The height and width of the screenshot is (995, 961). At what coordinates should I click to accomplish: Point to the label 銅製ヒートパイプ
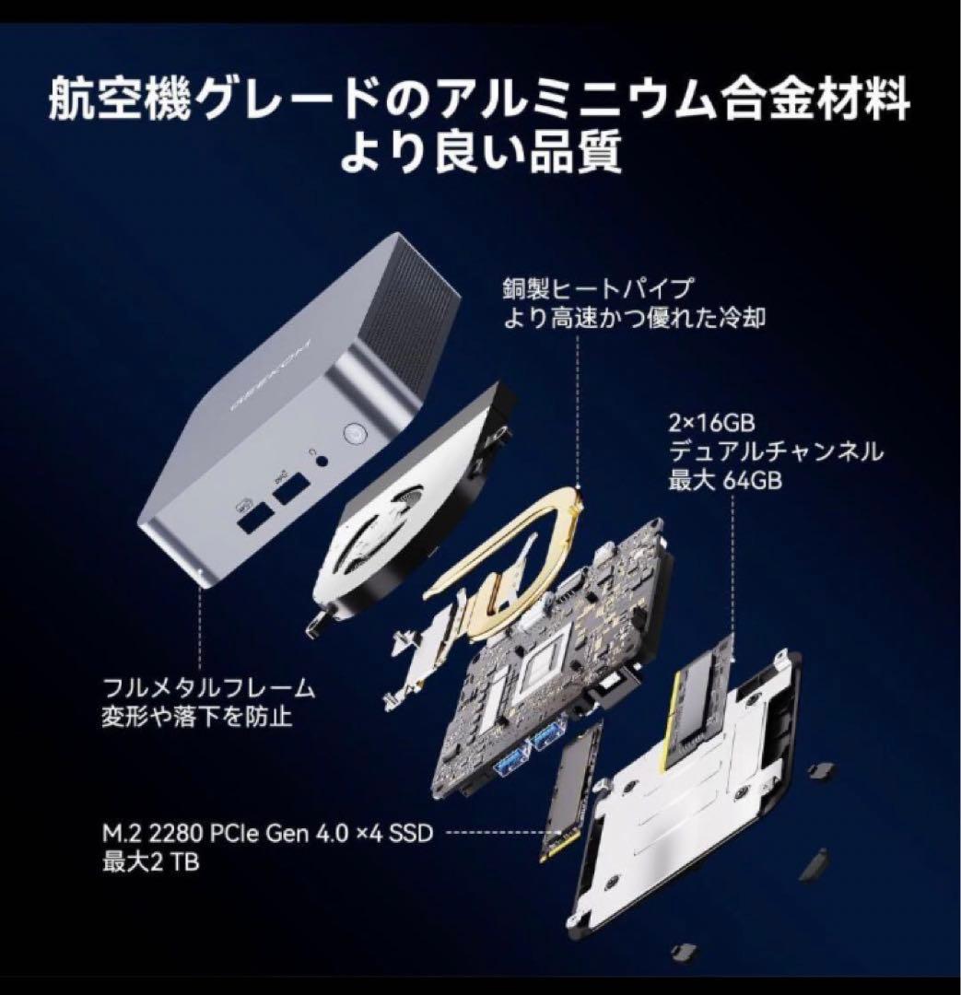596,288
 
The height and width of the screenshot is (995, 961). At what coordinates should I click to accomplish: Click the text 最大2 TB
151,862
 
